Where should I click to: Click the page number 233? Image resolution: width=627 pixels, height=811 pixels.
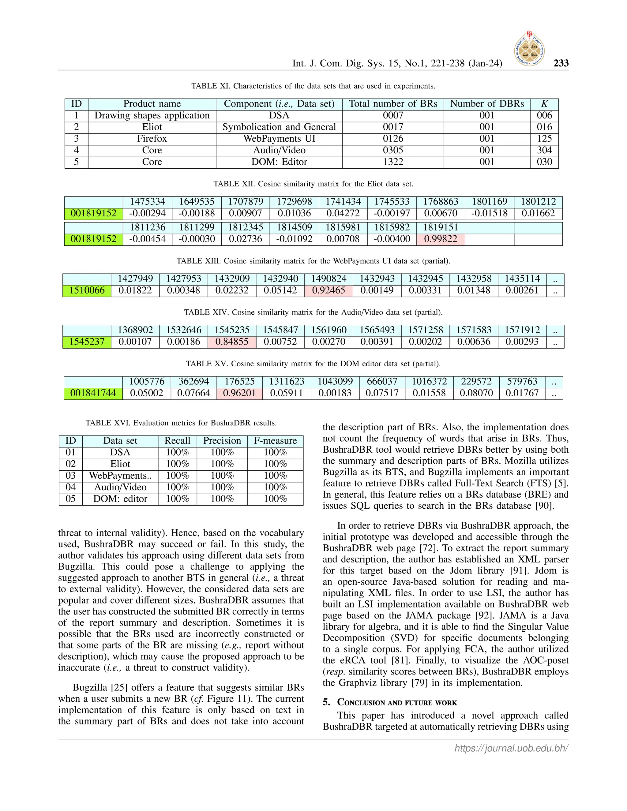[x=561, y=63]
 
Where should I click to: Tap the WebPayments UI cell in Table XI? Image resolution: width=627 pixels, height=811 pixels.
[x=279, y=139]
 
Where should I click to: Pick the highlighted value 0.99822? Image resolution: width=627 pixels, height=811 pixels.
[x=440, y=239]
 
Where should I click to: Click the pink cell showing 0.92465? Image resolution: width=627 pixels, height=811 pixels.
[x=329, y=290]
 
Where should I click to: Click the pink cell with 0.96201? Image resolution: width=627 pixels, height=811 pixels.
[x=240, y=393]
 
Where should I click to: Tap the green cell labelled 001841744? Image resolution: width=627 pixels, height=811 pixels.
[x=93, y=393]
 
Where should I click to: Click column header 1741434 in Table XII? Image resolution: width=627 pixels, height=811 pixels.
[x=343, y=202]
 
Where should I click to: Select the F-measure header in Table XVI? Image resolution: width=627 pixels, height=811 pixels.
[x=275, y=441]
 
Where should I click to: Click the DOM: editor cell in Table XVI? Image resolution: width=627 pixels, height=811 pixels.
[x=120, y=499]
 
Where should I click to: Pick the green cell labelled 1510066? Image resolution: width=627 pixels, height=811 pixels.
[x=87, y=290]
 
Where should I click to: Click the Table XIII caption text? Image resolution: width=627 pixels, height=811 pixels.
[x=313, y=261]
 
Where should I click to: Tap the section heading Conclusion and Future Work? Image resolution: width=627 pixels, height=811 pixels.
[x=397, y=702]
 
